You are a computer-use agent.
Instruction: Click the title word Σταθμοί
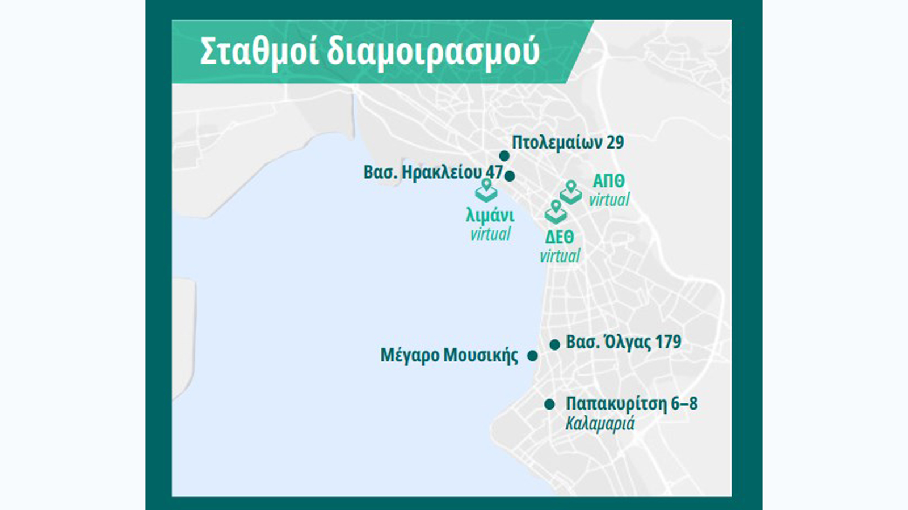coord(259,52)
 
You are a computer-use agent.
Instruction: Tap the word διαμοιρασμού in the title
coord(432,52)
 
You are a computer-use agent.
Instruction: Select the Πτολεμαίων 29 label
coord(567,142)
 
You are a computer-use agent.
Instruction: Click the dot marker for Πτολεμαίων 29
coord(504,156)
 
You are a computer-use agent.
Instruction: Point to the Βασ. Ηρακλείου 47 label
coord(433,172)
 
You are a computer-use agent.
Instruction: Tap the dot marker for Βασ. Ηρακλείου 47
coord(510,176)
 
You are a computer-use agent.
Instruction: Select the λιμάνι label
coord(490,216)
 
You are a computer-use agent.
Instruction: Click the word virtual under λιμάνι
coord(490,234)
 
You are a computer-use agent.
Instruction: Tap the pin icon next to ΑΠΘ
coord(570,192)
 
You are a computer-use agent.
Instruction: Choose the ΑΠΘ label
coord(608,181)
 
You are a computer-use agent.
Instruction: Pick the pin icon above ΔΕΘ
coord(556,211)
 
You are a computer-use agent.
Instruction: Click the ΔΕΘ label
coord(560,237)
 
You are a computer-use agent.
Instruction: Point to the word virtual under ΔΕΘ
coord(560,256)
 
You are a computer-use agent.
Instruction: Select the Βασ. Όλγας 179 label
coord(623,342)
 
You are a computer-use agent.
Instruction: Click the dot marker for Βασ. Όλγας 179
coord(555,344)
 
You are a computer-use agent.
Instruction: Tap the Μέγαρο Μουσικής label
coord(449,356)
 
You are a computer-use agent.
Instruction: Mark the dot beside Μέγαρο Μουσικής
coord(532,356)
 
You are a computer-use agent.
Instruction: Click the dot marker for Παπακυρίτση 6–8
coord(549,404)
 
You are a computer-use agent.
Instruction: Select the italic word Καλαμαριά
coord(600,424)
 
